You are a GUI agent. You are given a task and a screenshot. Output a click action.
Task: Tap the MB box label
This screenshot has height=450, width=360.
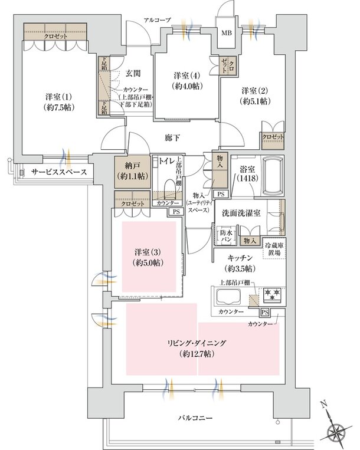[226, 32]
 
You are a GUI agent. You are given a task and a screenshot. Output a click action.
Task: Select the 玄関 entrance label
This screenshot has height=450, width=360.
[133, 74]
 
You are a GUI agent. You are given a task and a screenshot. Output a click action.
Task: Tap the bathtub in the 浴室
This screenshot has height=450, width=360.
[271, 174]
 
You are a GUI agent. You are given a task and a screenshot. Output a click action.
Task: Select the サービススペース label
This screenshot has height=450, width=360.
[58, 172]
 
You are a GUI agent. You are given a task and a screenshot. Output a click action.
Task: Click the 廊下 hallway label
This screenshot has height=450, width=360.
[172, 137]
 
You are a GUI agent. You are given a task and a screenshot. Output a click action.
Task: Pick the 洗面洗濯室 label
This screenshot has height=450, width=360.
[243, 213]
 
